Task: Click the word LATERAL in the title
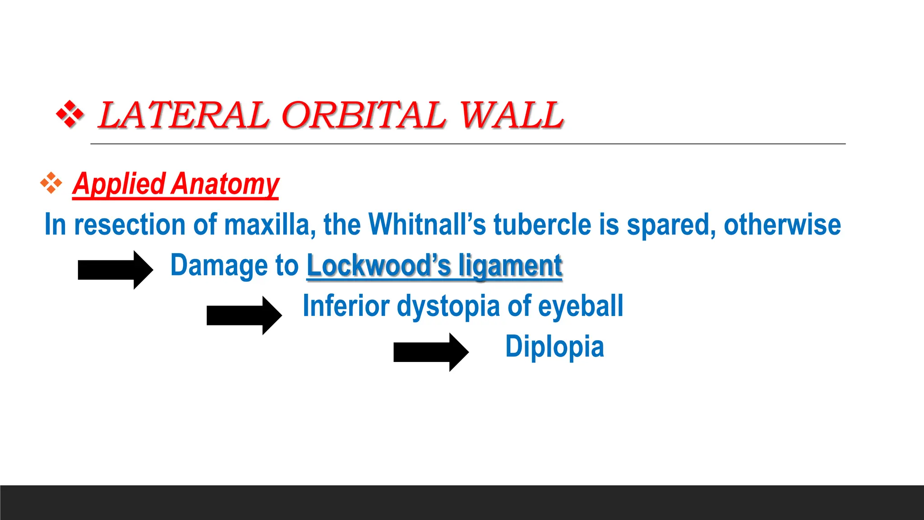click(184, 115)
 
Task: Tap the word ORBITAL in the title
click(364, 115)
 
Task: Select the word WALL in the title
click(511, 115)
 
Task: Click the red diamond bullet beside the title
click(69, 114)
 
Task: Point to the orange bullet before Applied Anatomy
click(51, 183)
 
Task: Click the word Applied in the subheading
click(119, 184)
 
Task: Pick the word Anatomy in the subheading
click(226, 184)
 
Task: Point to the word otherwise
click(782, 225)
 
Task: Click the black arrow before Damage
click(115, 269)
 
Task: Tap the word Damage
click(211, 265)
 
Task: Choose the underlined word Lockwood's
click(379, 265)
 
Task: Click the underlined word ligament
click(510, 265)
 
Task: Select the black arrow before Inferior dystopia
click(244, 315)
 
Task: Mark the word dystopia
click(448, 306)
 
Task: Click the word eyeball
click(581, 306)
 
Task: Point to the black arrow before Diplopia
click(431, 352)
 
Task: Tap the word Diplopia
click(554, 347)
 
